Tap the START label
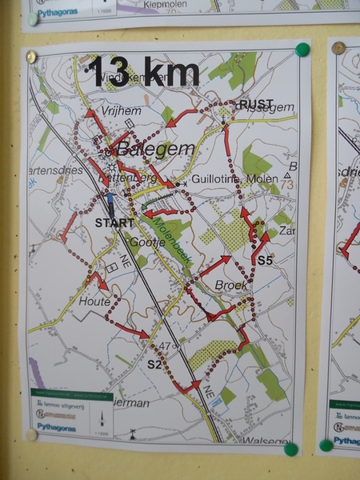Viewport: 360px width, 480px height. tap(114, 223)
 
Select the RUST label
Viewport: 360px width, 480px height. tap(256, 104)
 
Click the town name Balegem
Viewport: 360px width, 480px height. tap(145, 148)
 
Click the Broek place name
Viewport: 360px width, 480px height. tap(231, 285)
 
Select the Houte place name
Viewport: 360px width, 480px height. tap(95, 302)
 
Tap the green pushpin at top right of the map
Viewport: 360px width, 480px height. tap(302, 50)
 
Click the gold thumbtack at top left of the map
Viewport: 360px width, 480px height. tap(30, 57)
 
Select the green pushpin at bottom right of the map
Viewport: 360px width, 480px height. tap(291, 449)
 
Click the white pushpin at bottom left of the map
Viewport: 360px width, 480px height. tap(30, 434)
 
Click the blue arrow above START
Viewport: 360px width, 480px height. tap(110, 202)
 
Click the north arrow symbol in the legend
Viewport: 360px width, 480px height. tap(102, 418)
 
